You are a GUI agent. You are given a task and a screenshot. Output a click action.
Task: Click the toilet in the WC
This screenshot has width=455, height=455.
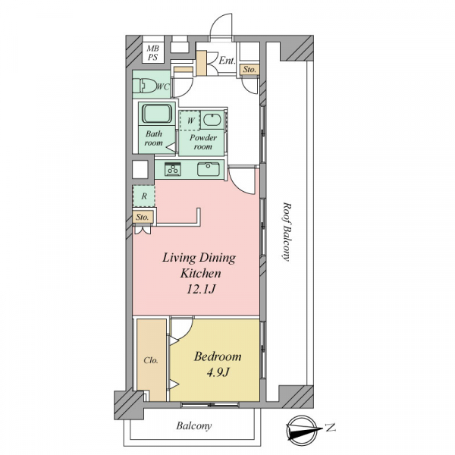145,85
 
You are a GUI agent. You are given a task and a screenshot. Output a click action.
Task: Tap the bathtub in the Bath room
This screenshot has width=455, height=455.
157,114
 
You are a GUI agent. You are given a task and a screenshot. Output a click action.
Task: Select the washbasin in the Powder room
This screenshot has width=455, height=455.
212,120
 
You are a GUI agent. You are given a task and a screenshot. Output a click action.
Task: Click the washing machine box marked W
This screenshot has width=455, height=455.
190,120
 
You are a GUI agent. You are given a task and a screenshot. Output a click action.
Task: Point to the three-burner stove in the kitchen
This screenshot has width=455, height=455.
173,169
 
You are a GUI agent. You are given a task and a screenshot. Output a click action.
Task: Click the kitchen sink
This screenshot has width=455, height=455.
209,169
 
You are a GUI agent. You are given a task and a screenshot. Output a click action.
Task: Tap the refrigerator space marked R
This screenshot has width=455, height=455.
143,196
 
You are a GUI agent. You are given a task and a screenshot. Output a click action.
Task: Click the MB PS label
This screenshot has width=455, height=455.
152,53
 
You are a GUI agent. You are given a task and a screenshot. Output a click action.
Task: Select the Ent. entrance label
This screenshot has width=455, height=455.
227,61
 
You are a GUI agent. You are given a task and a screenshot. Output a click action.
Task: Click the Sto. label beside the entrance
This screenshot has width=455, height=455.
249,70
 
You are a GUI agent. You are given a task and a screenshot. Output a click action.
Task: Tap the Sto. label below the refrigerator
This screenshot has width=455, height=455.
143,217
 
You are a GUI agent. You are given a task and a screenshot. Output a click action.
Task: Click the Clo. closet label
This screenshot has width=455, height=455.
151,360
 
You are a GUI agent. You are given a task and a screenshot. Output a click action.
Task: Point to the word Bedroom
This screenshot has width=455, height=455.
218,356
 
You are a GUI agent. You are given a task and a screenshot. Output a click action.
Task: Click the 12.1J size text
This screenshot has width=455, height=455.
200,289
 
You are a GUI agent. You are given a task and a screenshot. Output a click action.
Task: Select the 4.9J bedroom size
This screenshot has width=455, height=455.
218,372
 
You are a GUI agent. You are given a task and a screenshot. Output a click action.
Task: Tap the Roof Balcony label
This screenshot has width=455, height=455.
287,232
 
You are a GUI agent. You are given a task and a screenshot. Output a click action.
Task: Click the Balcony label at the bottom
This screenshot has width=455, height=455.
194,425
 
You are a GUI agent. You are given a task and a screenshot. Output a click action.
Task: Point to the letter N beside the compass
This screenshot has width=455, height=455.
330,427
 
